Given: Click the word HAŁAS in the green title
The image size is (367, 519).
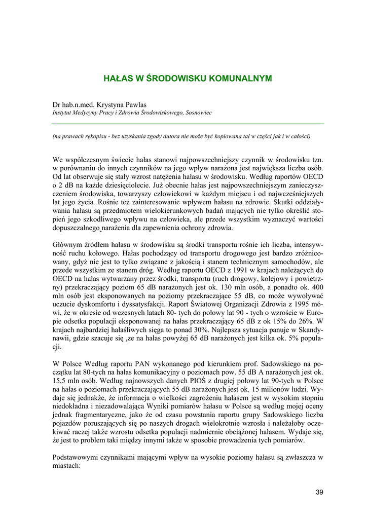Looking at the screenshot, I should click(116, 79).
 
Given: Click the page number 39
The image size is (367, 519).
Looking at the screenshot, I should click(319, 491).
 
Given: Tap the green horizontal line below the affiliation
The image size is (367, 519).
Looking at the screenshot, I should click(188, 124).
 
